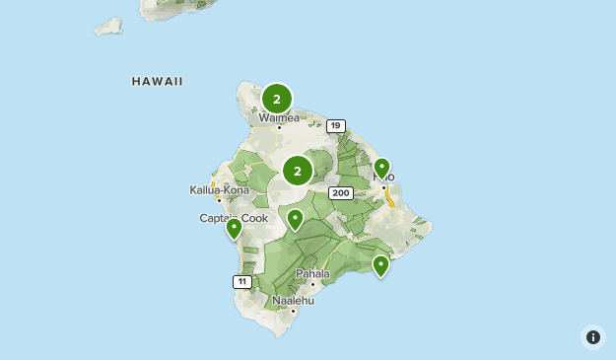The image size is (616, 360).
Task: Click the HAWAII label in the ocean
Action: [157, 82]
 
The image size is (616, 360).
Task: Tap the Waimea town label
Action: [279, 117]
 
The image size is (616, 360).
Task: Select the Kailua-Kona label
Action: [219, 189]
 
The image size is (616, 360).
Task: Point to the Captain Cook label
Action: [234, 218]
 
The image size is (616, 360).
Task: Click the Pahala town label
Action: [312, 273]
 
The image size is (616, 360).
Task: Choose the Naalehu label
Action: [293, 300]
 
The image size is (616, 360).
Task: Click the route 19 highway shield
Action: [336, 125]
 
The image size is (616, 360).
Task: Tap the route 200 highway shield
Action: [341, 193]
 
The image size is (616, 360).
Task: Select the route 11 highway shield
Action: [242, 282]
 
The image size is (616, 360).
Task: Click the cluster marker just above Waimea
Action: [277, 98]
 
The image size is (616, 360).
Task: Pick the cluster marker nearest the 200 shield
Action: [297, 171]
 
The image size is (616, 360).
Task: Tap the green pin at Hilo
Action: [381, 168]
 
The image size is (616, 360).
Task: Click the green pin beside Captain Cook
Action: [234, 228]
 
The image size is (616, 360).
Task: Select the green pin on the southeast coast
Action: [380, 264]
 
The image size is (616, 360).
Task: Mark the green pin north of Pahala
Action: [295, 218]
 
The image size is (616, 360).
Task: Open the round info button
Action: [592, 337]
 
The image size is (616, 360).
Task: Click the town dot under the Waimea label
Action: [279, 127]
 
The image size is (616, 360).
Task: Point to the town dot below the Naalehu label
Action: [293, 310]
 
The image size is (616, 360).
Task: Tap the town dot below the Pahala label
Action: [312, 283]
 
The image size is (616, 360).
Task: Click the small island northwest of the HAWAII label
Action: [107, 25]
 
